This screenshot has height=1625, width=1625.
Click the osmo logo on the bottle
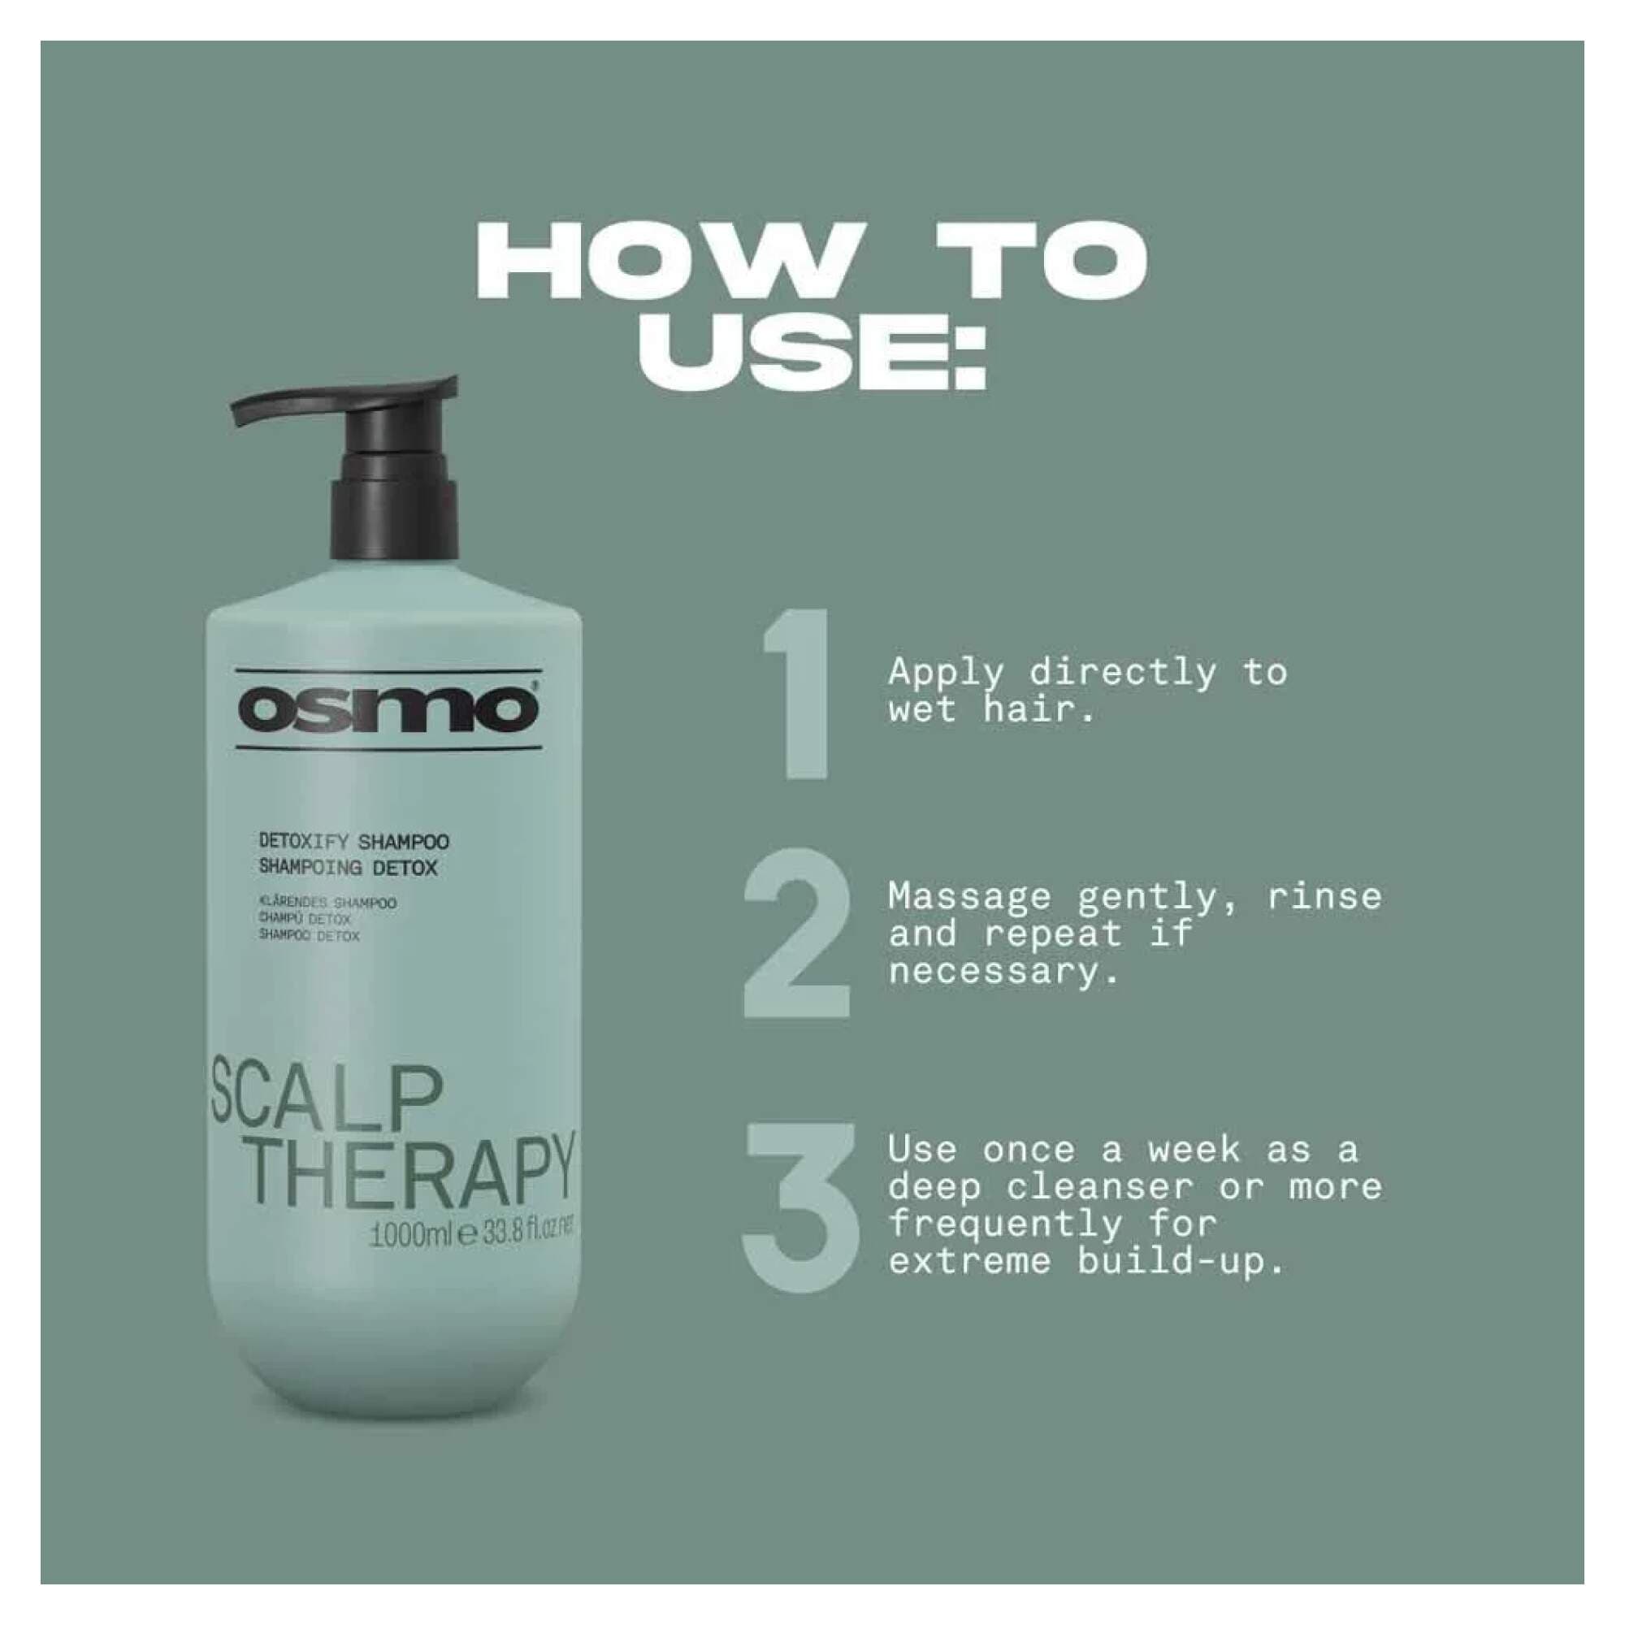pyautogui.click(x=388, y=709)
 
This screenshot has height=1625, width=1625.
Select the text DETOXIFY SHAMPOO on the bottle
pyautogui.click(x=353, y=842)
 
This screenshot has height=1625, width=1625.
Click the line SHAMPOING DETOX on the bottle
pyautogui.click(x=348, y=867)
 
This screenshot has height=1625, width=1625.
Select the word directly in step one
pyautogui.click(x=1122, y=673)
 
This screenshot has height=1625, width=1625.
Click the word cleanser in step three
pyautogui.click(x=1100, y=1187)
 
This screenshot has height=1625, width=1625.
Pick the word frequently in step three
pyautogui.click(x=1004, y=1224)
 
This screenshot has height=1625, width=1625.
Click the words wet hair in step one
pyautogui.click(x=993, y=711)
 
